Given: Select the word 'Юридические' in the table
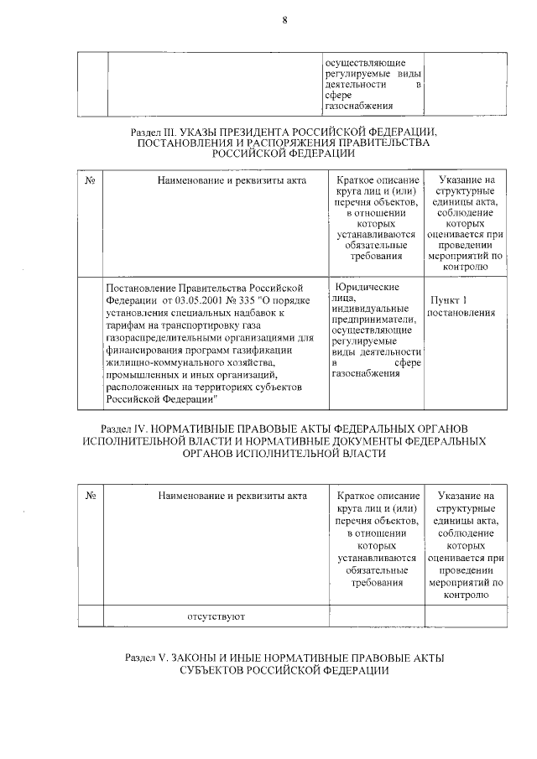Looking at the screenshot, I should click(x=368, y=286).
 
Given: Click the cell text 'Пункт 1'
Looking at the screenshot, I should click(x=447, y=300).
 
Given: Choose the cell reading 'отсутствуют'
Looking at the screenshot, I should click(x=215, y=616).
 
